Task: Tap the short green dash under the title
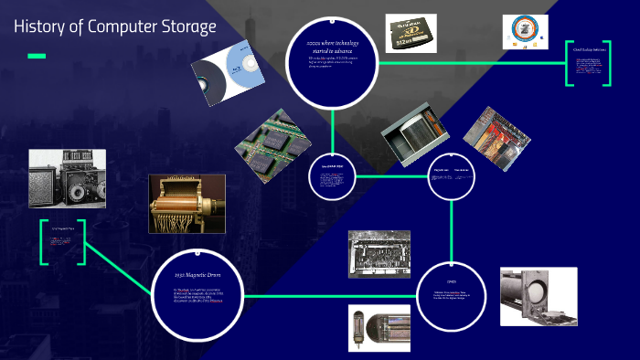pyautogui.click(x=37, y=57)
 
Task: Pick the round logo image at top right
pyautogui.click(x=526, y=32)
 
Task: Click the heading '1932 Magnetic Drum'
pyautogui.click(x=197, y=274)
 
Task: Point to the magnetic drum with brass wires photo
pyautogui.click(x=187, y=204)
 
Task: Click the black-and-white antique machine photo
pyautogui.click(x=67, y=178)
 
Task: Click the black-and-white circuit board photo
pyautogui.click(x=379, y=253)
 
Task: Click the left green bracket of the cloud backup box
pyautogui.click(x=570, y=65)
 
